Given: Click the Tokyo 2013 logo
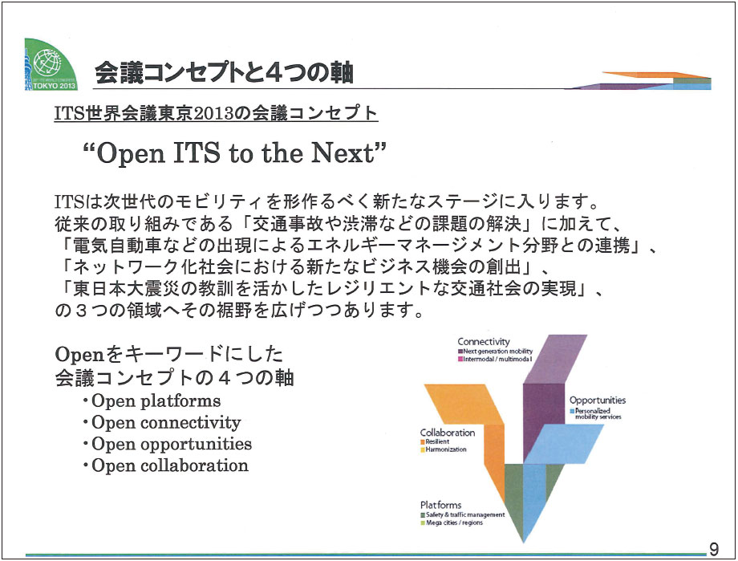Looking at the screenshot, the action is click(x=51, y=64).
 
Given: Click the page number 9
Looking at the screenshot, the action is click(x=714, y=549).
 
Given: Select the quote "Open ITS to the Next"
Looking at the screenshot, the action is click(x=234, y=153).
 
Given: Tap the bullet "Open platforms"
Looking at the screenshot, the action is click(x=156, y=400).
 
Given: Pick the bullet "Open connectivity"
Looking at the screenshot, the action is click(x=166, y=422).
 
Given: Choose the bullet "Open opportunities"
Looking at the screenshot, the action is click(x=172, y=444).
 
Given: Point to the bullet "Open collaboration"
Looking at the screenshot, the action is click(x=169, y=465).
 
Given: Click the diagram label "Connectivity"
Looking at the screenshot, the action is click(x=484, y=342).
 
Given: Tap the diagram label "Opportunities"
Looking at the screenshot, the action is click(x=598, y=400).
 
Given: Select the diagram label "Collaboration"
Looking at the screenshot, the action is click(x=447, y=433).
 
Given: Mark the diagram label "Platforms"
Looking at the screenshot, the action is click(x=440, y=505).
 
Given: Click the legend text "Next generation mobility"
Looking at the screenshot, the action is click(x=497, y=352).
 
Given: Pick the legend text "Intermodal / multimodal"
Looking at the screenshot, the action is click(x=497, y=360).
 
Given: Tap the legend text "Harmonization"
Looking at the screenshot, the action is click(x=446, y=449).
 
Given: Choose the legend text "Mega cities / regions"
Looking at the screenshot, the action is click(x=454, y=522).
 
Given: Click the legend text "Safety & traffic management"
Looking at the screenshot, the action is click(x=465, y=514).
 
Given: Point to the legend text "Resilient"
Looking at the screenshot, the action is click(x=437, y=442).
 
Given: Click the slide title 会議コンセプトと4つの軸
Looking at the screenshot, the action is click(x=224, y=73).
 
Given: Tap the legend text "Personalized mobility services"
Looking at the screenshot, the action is click(x=598, y=413).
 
